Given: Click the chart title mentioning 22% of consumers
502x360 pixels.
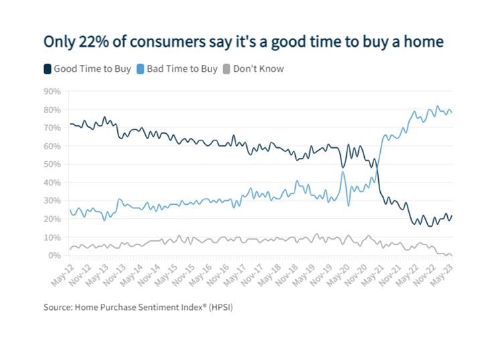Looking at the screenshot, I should point(244,41).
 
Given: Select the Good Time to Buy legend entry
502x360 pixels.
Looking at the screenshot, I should point(90,68).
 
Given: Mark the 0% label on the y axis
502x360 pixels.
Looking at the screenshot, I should point(54,256).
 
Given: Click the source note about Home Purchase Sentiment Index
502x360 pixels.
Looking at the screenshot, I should point(148,308).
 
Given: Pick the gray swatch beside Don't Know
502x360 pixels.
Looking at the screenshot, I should point(226,68).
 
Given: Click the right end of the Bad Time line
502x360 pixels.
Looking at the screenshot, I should point(451,112).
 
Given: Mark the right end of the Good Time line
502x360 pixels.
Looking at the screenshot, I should point(451,215).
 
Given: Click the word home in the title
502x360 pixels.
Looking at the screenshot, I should point(424,41).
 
